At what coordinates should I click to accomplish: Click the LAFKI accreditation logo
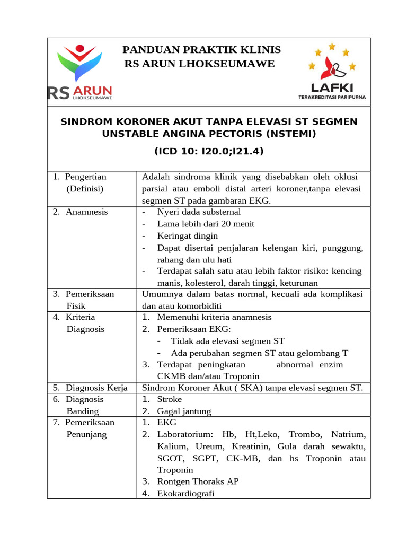click(x=332, y=72)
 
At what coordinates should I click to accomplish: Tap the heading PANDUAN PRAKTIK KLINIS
click(x=201, y=50)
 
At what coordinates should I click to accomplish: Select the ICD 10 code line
click(x=209, y=152)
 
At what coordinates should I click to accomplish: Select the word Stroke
click(x=169, y=399)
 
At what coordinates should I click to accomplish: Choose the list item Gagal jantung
click(x=184, y=411)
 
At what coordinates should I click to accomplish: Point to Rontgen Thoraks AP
click(x=198, y=481)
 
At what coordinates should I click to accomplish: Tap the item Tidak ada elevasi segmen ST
click(x=227, y=341)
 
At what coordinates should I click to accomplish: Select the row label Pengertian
click(x=86, y=177)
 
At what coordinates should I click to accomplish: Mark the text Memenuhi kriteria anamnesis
click(x=214, y=317)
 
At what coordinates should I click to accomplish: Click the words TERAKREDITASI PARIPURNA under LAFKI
click(x=332, y=97)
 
